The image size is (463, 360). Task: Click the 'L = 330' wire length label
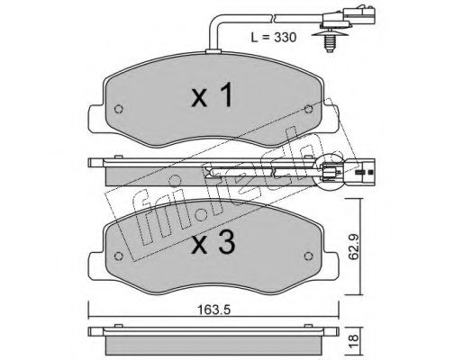coord(273,37)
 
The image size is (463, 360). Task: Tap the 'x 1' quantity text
coord(212,95)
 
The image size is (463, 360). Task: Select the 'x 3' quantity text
coord(213,243)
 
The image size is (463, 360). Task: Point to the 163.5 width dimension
coord(213,310)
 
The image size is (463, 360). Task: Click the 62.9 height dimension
coord(354,247)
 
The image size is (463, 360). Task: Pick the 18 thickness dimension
coord(354,338)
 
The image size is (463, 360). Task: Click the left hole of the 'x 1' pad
coord(119,109)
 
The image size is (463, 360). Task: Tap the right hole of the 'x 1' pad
coord(308,109)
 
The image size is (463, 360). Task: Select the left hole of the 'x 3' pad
coord(119,256)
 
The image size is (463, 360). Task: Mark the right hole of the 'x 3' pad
coord(309,256)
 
